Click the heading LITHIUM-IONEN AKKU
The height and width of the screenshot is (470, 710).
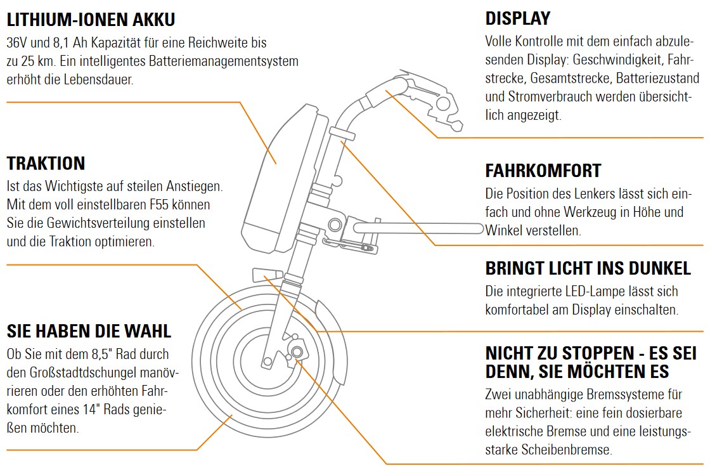[x=91, y=20]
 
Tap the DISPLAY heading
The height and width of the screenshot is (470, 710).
[x=518, y=18]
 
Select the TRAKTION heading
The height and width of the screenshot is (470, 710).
[x=46, y=163]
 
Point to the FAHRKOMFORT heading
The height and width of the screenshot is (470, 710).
[x=543, y=171]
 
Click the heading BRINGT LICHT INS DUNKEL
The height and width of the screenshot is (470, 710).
[x=588, y=268]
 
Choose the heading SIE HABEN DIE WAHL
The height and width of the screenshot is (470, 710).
[x=89, y=331]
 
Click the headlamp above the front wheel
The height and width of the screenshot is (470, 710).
[x=265, y=274]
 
